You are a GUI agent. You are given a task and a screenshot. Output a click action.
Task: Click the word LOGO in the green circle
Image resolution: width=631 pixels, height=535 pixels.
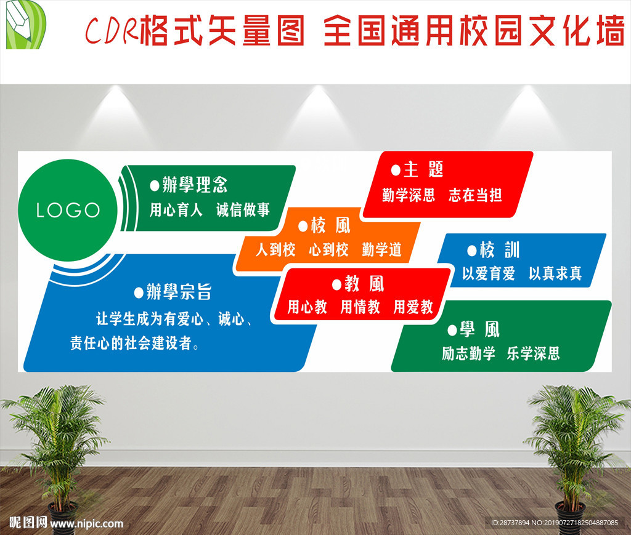[x=68, y=210]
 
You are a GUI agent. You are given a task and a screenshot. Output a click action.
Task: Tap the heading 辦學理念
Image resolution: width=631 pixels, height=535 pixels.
[x=195, y=185]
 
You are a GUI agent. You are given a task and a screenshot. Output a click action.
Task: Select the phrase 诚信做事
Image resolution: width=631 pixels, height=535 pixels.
[x=243, y=210]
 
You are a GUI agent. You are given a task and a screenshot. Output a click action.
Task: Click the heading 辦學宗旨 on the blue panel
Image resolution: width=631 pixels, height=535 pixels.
[x=179, y=292]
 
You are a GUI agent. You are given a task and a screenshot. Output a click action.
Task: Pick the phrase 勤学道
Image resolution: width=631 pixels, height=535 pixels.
[x=382, y=249]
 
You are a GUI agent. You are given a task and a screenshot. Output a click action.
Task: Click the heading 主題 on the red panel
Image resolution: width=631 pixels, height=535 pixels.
[x=423, y=169]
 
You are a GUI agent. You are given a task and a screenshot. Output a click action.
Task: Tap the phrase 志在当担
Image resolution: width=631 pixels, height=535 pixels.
[x=475, y=195]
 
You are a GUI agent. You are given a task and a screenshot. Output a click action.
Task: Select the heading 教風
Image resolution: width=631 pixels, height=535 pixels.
[x=364, y=284]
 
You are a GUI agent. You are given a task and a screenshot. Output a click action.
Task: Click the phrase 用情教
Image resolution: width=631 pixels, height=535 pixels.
[x=360, y=307]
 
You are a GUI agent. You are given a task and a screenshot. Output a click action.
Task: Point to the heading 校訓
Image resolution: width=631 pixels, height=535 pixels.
[x=500, y=249]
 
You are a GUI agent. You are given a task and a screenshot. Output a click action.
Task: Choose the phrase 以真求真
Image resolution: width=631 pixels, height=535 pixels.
[x=555, y=273]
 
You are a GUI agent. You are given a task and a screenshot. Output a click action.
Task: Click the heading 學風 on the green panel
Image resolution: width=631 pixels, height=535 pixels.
[x=479, y=329]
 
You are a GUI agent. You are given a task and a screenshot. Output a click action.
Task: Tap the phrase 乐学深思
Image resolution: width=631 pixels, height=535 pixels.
[x=533, y=353]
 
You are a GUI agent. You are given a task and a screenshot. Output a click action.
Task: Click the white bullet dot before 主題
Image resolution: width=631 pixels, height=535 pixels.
[x=396, y=171]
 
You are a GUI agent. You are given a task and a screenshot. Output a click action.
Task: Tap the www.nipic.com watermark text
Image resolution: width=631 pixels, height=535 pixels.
[x=87, y=523]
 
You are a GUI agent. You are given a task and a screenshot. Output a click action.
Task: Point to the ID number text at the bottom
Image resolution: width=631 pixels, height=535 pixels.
[x=555, y=523]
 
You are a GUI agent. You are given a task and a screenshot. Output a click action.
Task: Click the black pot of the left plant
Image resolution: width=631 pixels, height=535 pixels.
[x=63, y=518]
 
